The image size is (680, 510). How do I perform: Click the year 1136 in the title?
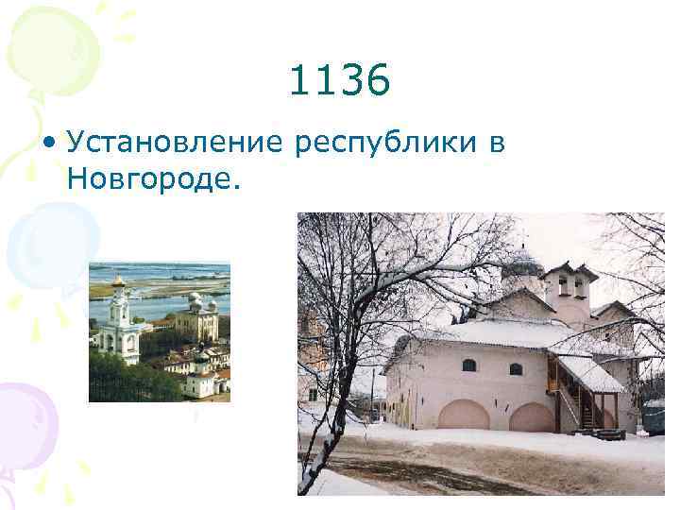point(339,82)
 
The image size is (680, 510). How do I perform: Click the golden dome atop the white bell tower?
point(118,280)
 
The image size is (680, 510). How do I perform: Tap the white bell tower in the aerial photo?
point(118,326)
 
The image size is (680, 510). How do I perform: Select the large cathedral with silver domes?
point(197,317)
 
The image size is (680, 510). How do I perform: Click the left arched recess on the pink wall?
point(464,415)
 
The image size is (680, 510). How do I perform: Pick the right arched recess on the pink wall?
point(532,416)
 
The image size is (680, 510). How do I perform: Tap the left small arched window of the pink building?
point(468,365)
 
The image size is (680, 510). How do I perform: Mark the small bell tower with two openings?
point(569,287)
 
